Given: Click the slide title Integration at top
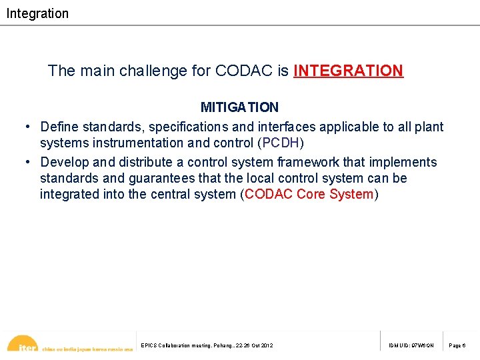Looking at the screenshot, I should tap(37, 13).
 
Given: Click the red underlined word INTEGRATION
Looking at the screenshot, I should tap(348, 71).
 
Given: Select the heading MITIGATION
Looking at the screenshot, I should tap(239, 107).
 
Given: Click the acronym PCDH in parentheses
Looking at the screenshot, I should tap(280, 143).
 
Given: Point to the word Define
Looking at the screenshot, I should tap(59, 127).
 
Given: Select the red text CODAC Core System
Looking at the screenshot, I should tap(309, 194).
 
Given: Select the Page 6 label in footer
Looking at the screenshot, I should tap(457, 345).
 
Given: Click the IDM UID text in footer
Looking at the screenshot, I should tap(411, 345).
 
